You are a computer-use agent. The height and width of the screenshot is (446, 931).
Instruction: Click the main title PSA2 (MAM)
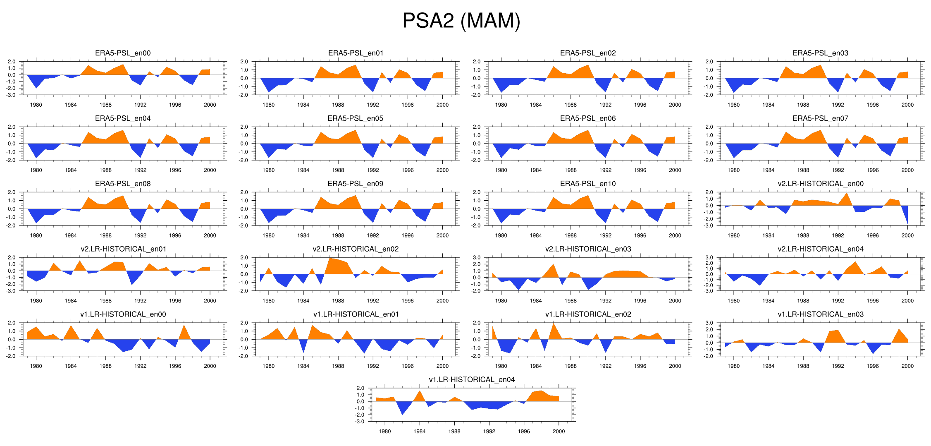pyautogui.click(x=461, y=21)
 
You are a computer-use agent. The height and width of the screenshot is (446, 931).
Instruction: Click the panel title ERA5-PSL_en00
pyautogui.click(x=123, y=53)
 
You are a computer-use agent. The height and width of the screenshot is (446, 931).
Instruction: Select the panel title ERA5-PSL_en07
pyautogui.click(x=820, y=118)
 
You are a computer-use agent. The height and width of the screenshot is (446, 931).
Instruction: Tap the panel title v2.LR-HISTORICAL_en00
pyautogui.click(x=820, y=184)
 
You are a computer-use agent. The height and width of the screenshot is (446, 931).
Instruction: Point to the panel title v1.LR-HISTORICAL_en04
pyautogui.click(x=472, y=379)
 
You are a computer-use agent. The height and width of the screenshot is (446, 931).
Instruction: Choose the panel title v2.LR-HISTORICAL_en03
pyautogui.click(x=588, y=249)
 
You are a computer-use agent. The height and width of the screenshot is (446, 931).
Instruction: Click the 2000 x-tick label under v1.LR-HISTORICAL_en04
pyautogui.click(x=559, y=431)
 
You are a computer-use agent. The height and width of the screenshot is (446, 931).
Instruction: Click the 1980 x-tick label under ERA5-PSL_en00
pyautogui.click(x=36, y=105)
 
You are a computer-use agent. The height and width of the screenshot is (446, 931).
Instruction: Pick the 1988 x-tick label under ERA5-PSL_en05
pyautogui.click(x=338, y=170)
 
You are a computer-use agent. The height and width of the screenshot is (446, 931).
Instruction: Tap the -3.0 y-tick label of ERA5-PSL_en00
pyautogui.click(x=12, y=95)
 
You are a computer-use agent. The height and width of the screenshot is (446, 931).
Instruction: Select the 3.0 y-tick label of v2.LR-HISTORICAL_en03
pyautogui.click(x=477, y=258)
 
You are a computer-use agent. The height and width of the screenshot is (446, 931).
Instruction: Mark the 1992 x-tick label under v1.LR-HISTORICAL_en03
pyautogui.click(x=838, y=366)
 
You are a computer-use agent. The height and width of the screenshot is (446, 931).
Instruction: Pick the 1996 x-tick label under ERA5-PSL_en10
pyautogui.click(x=640, y=235)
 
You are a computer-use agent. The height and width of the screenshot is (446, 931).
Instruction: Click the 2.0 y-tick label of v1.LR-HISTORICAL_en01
pyautogui.click(x=244, y=323)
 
